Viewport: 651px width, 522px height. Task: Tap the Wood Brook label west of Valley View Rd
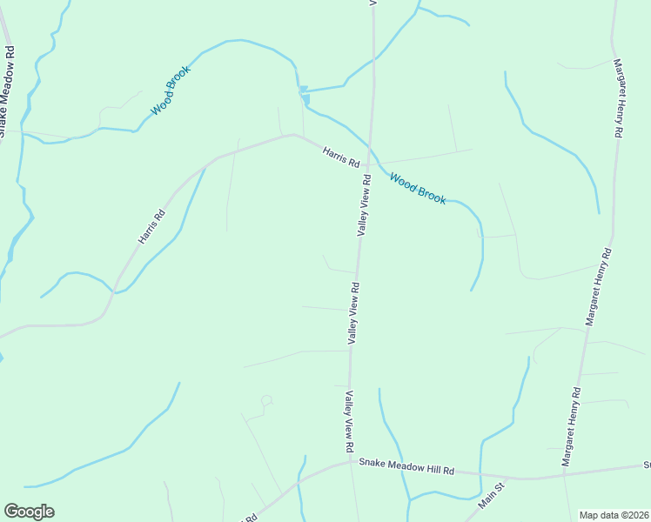click(x=170, y=90)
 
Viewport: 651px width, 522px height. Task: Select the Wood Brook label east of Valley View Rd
click(x=418, y=189)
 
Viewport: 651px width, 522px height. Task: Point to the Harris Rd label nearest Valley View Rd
click(x=341, y=157)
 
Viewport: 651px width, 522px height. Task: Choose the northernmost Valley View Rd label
click(x=364, y=205)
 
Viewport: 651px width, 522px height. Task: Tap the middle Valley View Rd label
click(x=354, y=312)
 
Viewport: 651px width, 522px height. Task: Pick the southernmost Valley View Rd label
click(x=348, y=421)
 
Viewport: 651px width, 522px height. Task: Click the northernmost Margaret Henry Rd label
click(x=618, y=98)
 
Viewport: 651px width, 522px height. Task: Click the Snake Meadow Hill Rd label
click(x=407, y=470)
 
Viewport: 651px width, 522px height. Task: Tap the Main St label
click(x=492, y=499)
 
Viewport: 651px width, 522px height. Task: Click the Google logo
click(x=29, y=512)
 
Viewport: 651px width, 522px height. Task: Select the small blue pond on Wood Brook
click(x=303, y=90)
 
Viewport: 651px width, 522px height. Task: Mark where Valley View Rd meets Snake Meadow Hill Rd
click(x=352, y=462)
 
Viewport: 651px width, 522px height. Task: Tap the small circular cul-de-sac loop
click(x=266, y=400)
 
